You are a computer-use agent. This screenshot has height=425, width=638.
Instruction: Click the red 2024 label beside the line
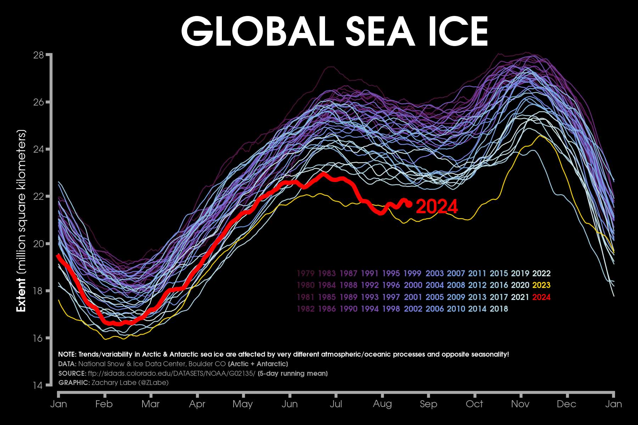click(x=437, y=207)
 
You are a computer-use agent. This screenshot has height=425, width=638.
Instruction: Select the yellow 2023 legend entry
click(x=541, y=285)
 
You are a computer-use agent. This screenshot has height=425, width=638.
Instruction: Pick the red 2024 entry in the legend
click(x=541, y=297)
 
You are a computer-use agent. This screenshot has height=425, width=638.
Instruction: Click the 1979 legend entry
click(x=306, y=273)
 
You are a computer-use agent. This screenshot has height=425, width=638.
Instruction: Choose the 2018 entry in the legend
click(x=499, y=309)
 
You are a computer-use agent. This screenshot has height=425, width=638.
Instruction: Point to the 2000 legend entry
click(x=413, y=285)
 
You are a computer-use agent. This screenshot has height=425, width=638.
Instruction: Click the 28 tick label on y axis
click(x=38, y=55)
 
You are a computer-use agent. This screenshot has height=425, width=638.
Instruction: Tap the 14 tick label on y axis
click(x=38, y=385)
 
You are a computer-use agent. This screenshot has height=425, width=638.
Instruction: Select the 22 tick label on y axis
click(x=38, y=197)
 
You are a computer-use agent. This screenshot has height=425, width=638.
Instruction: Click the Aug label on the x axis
click(x=382, y=404)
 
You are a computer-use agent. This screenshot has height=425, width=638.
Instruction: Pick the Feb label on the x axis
click(x=104, y=404)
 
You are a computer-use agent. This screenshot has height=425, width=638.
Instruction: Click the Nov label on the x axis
click(x=520, y=404)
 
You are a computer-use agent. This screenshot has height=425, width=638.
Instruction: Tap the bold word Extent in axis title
click(x=21, y=295)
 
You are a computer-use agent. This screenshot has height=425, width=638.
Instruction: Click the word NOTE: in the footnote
click(x=67, y=355)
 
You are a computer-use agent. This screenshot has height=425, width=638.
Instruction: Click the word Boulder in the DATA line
click(x=200, y=364)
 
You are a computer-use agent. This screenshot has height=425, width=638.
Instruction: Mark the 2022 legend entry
click(x=541, y=273)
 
